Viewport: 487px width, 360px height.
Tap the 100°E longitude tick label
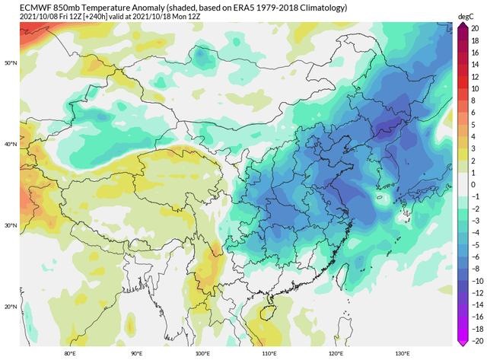tap(202, 354)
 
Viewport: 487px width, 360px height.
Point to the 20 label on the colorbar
tap(473, 26)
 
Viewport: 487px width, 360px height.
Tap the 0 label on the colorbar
tap(473, 184)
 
